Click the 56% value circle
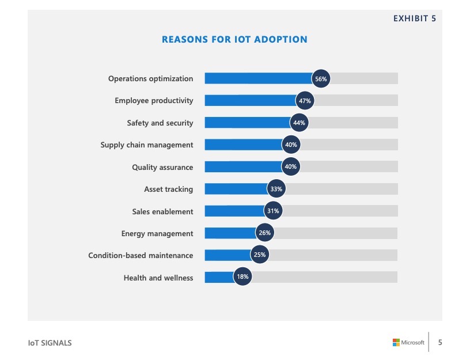coord(321,79)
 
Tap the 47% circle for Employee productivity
coord(305,101)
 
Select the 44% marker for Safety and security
coord(299,123)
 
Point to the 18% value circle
coord(242,277)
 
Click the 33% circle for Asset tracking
coord(276,189)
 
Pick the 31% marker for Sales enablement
coord(273,211)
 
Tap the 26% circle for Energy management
coord(264,233)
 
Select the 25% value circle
coord(260,255)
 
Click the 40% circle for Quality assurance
coord(291,167)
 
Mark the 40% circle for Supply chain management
coord(291,145)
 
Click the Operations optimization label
coord(151,79)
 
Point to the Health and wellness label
coord(158,278)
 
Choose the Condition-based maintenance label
coord(141,255)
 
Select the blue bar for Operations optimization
coord(258,79)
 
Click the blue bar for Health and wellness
coord(219,277)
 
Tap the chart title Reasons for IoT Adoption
coord(234,40)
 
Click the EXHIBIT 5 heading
coord(414,18)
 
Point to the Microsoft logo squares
coord(396,342)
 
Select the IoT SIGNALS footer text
coord(50,343)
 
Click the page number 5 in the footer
coord(441,342)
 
